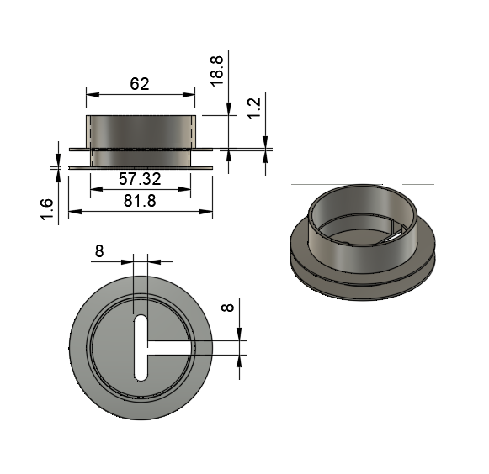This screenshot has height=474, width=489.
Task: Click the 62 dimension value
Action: click(x=140, y=84)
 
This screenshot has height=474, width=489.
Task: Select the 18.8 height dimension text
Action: click(x=217, y=71)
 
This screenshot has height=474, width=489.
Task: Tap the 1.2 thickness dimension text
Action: click(x=254, y=108)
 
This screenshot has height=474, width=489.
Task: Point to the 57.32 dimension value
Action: click(x=140, y=179)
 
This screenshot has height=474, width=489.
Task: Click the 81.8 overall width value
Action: click(x=140, y=201)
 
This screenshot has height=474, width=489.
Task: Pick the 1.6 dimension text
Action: click(x=46, y=209)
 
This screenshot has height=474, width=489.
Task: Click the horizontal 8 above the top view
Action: click(x=99, y=251)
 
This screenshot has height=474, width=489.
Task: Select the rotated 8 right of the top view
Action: click(x=227, y=308)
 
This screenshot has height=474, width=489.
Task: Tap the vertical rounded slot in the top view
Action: click(x=141, y=348)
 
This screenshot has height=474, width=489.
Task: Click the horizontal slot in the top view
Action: click(x=171, y=348)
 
